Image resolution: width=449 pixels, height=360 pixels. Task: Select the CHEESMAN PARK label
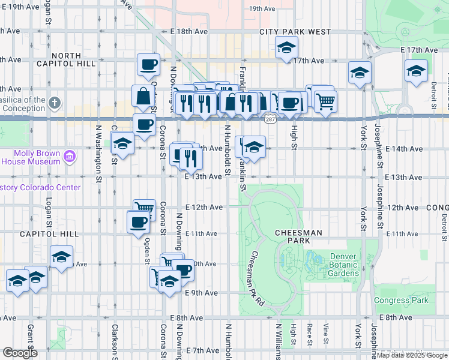[x=298, y=232]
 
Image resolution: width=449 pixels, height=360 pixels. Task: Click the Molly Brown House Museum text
[x=29, y=157]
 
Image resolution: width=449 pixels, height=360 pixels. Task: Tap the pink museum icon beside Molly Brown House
[x=70, y=157]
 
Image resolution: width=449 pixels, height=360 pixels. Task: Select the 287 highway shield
[x=269, y=120]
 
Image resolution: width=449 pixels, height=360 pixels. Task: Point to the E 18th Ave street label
[x=188, y=31]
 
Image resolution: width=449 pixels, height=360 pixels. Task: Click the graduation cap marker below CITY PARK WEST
[x=287, y=47]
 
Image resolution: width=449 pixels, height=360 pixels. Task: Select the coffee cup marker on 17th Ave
[x=148, y=64]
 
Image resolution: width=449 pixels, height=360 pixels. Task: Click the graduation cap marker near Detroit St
[x=416, y=71]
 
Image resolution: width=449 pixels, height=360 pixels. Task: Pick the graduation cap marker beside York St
[x=360, y=73]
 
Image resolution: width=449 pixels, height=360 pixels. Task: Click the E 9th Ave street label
[x=201, y=293]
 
